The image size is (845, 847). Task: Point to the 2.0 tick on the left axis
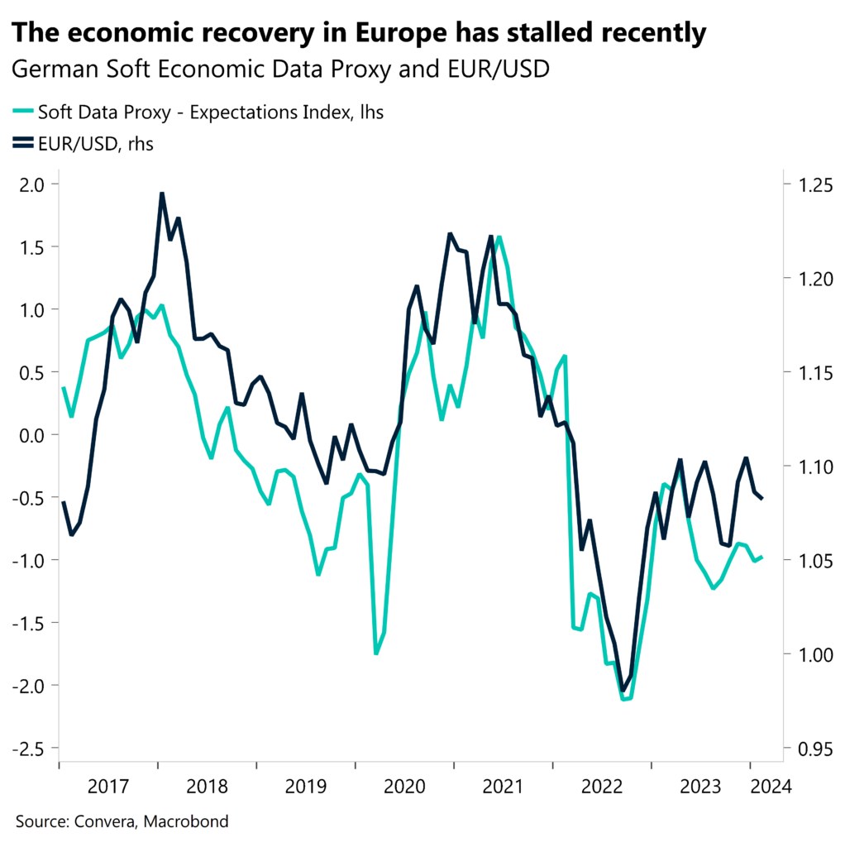coord(33,184)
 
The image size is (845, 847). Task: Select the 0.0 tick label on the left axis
coord(33,434)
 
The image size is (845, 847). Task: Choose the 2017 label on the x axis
coord(109,786)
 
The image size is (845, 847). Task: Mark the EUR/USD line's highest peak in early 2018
coord(162,194)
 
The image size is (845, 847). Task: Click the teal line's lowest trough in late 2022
coord(624,699)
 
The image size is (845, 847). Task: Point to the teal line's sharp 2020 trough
coord(376,653)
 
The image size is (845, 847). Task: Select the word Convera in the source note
coord(104,821)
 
